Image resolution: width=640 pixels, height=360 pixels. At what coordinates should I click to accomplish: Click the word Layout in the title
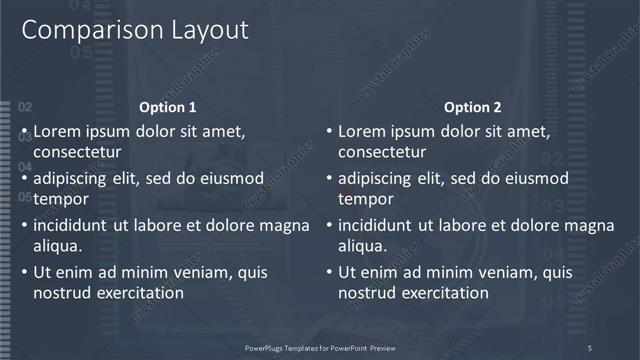point(204,30)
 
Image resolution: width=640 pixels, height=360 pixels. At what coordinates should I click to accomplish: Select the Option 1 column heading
point(168,107)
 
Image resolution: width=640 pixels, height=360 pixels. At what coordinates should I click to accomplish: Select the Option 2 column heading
point(473,107)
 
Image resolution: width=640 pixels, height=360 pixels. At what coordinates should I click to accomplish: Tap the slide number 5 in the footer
point(590,347)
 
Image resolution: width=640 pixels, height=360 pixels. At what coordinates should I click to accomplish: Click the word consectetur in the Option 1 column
point(77,153)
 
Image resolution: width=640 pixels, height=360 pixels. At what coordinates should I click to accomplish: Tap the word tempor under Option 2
point(365,199)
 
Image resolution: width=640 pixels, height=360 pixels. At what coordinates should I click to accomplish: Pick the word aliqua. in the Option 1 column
point(58,246)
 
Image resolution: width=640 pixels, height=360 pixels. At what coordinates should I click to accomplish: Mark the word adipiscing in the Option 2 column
point(374,178)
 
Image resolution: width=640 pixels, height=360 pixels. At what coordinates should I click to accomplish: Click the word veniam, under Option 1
point(200,272)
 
